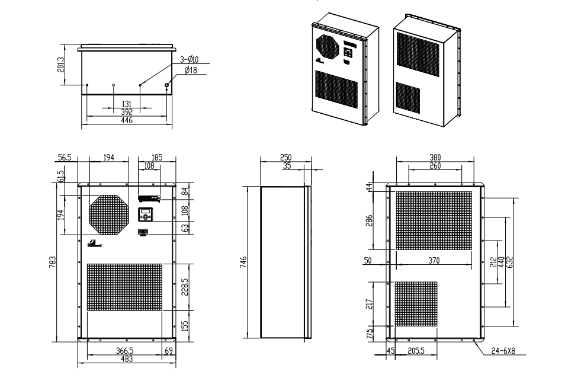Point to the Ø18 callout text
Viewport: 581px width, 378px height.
(x=191, y=71)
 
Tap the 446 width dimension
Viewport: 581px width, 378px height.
(x=127, y=120)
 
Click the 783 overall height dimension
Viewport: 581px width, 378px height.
(x=53, y=261)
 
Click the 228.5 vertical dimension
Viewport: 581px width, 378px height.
(x=185, y=286)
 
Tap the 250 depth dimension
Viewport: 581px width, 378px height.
(x=285, y=158)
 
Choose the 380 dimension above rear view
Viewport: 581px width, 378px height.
(x=435, y=158)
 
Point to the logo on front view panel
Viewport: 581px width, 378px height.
(x=94, y=244)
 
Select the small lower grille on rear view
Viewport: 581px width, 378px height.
(x=416, y=305)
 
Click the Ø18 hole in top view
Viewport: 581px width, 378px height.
(x=167, y=85)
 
